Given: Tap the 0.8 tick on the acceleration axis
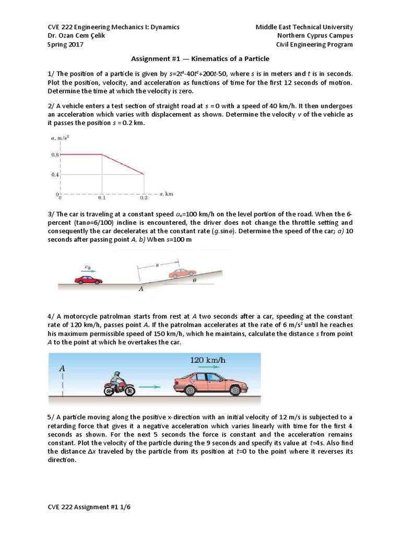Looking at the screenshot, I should click(x=55, y=155).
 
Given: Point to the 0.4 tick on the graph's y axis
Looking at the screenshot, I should click(x=55, y=174).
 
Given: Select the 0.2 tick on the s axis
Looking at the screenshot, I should click(x=144, y=198).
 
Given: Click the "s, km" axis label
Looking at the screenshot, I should click(x=166, y=193).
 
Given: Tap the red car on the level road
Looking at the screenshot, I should click(x=88, y=280).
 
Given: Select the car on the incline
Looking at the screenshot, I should click(x=182, y=273).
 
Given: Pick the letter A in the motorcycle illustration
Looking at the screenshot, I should click(x=62, y=368).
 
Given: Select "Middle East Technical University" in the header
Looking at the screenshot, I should click(x=304, y=27).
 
